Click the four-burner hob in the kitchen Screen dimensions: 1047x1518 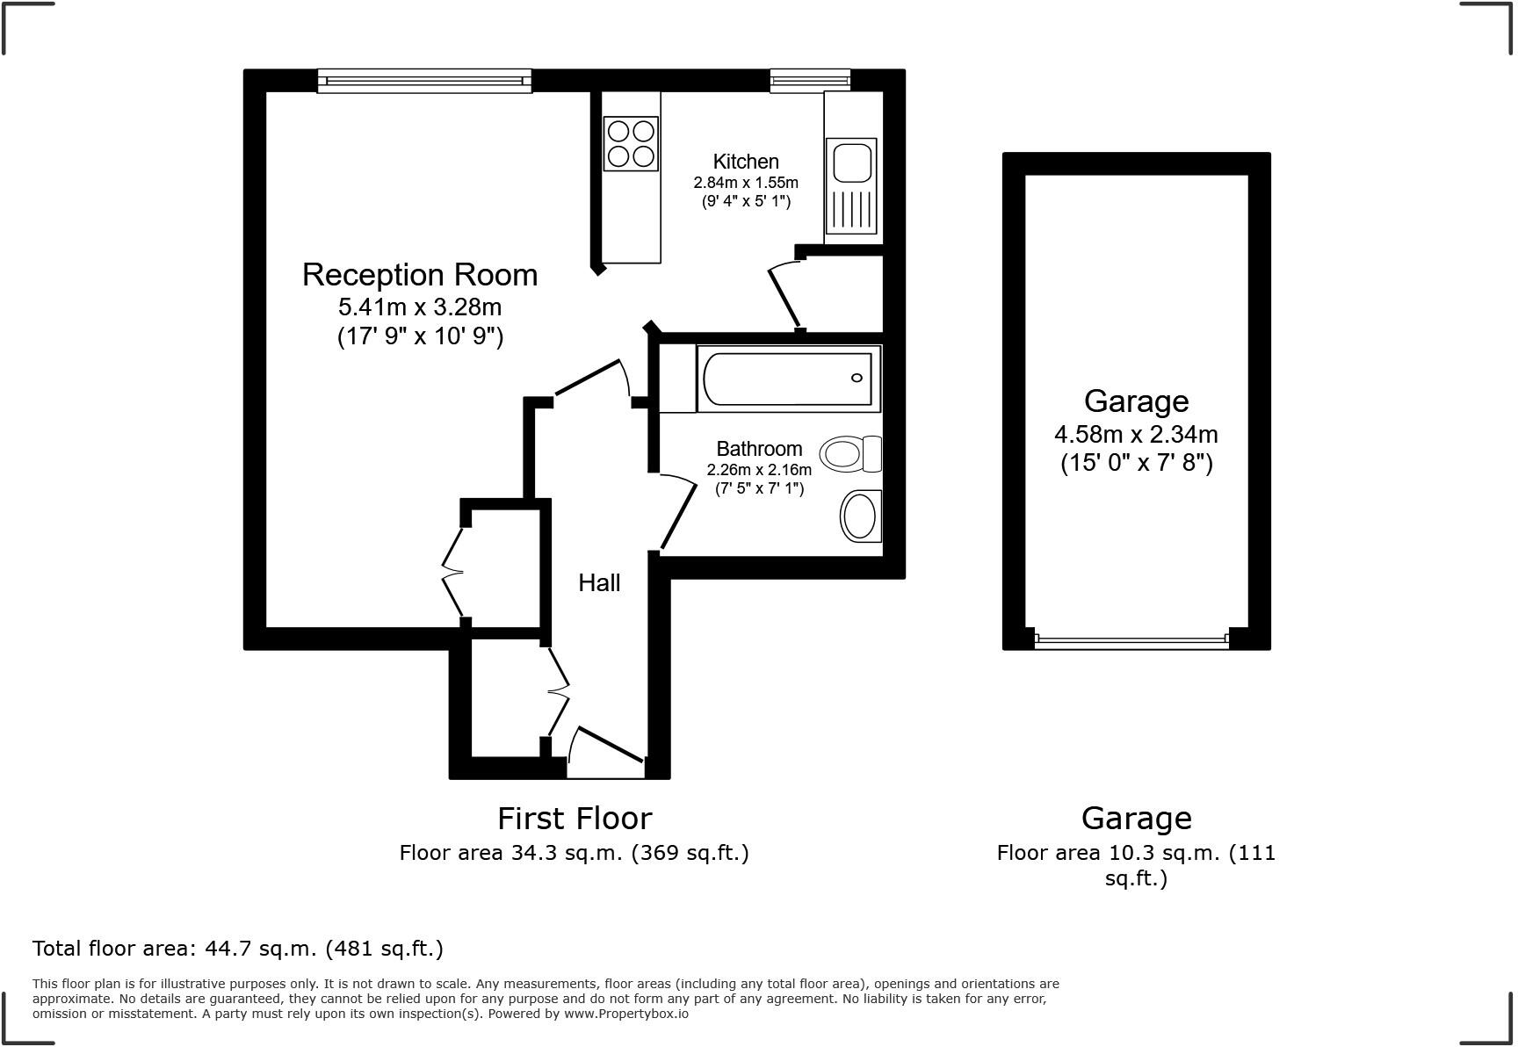(x=631, y=143)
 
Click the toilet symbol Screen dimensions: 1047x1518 (x=849, y=453)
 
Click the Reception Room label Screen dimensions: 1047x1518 (x=420, y=275)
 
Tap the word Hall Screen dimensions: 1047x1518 (x=599, y=582)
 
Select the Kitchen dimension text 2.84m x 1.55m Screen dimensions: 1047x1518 (x=746, y=183)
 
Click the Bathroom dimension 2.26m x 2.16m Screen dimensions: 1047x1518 (x=759, y=470)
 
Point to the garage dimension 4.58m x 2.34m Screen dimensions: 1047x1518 (x=1136, y=434)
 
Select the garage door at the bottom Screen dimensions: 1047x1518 (x=1131, y=641)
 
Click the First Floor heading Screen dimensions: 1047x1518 (x=575, y=818)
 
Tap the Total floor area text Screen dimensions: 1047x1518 (x=237, y=949)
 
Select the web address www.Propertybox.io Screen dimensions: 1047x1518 (x=625, y=1014)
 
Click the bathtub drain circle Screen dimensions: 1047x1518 (x=857, y=379)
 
